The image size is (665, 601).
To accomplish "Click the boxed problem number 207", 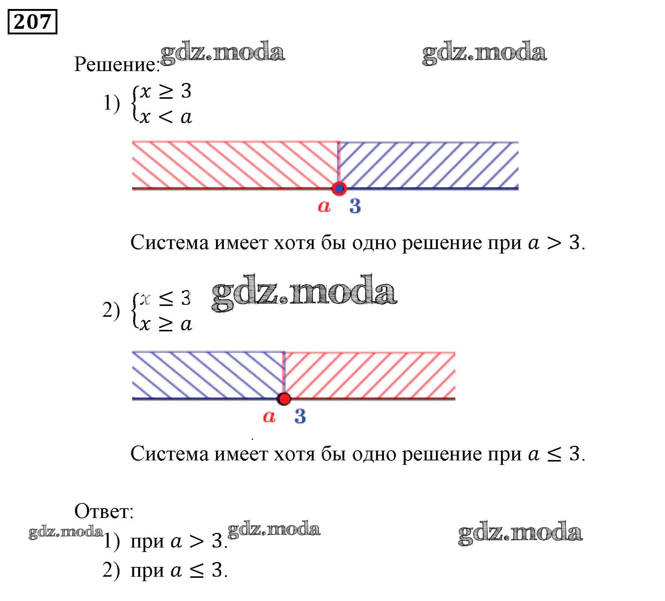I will click(x=32, y=22).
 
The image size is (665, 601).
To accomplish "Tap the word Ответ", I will click(x=103, y=511).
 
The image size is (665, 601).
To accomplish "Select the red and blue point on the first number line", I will click(x=339, y=188).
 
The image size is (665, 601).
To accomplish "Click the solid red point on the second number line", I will click(x=284, y=399).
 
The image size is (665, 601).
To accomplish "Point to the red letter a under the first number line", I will click(x=324, y=206).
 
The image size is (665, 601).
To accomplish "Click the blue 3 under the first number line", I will click(x=355, y=206).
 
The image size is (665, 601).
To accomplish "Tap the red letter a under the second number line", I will click(x=269, y=416).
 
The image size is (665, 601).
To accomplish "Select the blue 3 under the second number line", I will click(x=300, y=416).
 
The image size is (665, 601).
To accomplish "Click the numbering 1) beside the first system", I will click(x=111, y=103).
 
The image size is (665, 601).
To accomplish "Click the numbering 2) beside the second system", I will click(x=111, y=310).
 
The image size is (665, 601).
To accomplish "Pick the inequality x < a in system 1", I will click(x=166, y=117).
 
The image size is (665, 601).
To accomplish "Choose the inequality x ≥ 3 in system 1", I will click(x=166, y=91).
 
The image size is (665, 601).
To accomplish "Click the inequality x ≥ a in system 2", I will click(x=166, y=324).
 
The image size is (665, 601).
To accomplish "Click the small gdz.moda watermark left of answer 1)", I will click(x=66, y=532).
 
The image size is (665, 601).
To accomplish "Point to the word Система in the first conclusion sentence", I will click(x=169, y=243).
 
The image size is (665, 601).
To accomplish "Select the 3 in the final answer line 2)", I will click(x=217, y=571).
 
